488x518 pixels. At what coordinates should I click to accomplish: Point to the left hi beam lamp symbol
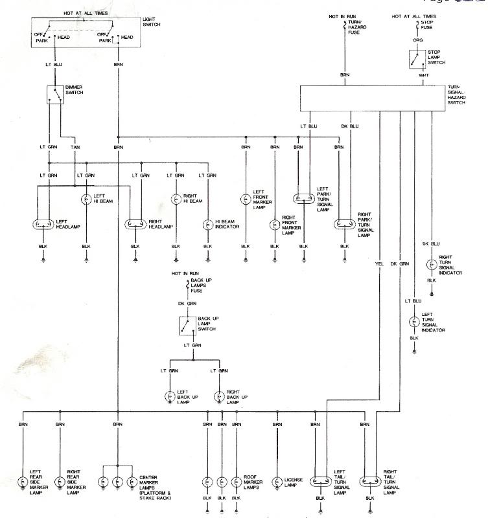[x=86, y=200]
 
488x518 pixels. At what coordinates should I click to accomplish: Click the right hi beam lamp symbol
[x=175, y=200]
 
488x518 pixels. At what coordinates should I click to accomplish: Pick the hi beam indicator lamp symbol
[x=207, y=225]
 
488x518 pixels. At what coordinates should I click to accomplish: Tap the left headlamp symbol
[x=43, y=225]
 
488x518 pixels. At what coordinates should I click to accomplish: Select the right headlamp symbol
[x=135, y=225]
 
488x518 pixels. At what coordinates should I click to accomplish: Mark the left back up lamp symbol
[x=170, y=396]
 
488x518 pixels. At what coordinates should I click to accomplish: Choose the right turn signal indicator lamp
[x=431, y=265]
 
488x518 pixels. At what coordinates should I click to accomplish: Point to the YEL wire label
[x=379, y=264]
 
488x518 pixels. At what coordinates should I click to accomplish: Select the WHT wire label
[x=424, y=75]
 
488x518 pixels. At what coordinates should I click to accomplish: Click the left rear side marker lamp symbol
[x=23, y=482]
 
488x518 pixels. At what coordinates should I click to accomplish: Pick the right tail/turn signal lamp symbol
[x=369, y=482]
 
